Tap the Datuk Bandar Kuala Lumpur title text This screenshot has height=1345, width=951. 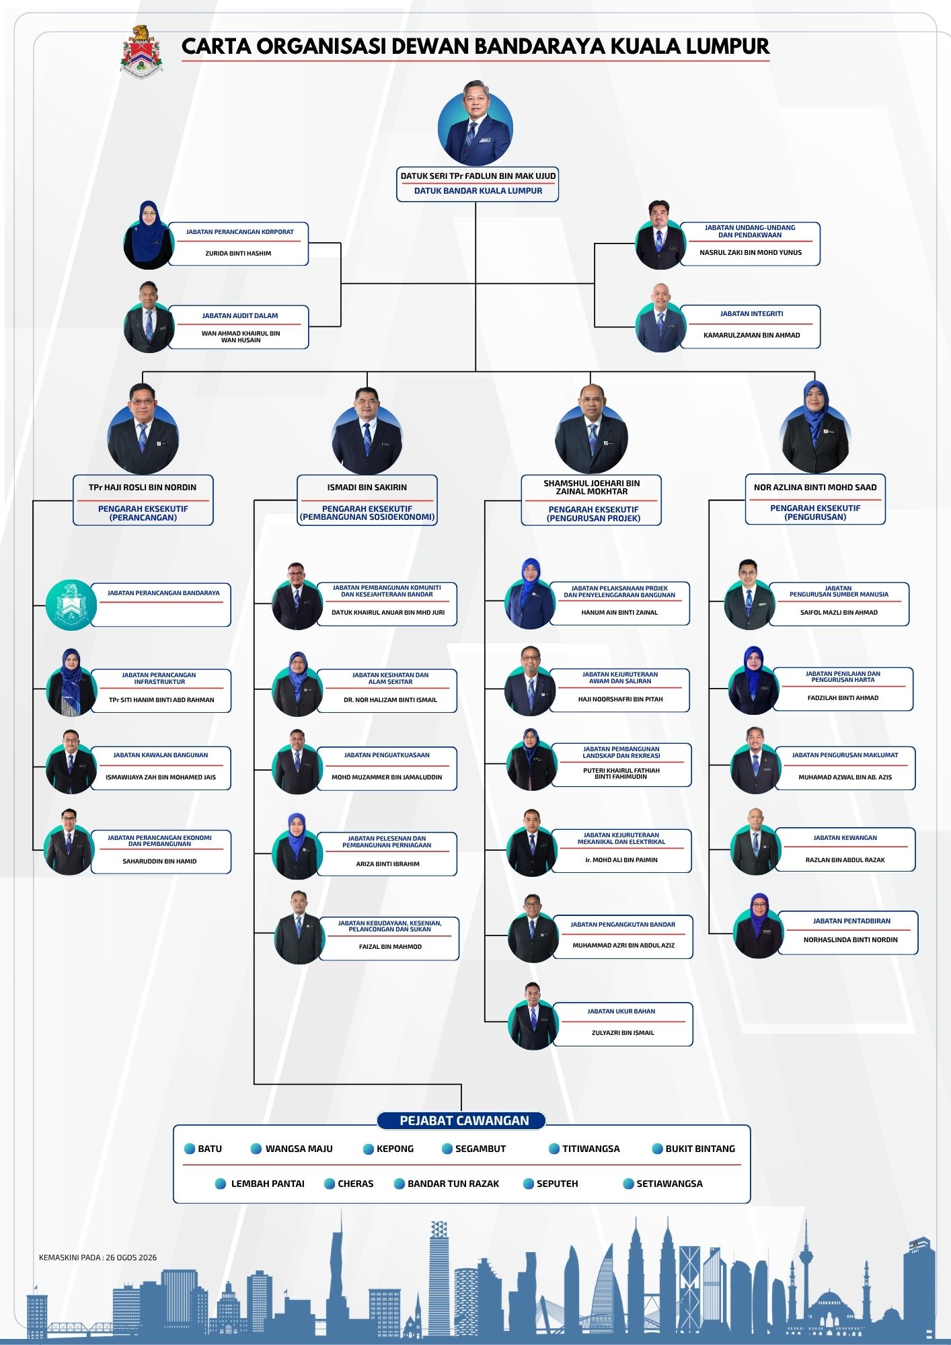click(478, 191)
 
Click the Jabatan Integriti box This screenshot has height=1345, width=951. click(751, 327)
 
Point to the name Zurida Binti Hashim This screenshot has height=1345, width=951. click(238, 254)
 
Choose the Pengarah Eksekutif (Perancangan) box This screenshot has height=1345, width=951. click(143, 500)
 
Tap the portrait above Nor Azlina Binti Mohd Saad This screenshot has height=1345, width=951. click(815, 428)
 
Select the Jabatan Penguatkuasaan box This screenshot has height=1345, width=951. click(387, 767)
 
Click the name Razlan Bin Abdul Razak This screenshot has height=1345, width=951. click(845, 860)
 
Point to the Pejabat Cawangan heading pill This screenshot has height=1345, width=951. click(461, 1120)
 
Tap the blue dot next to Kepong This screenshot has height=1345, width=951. click(368, 1149)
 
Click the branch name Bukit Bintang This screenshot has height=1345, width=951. click(700, 1149)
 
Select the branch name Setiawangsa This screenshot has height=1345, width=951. click(669, 1184)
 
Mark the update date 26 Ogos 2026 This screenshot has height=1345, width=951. click(131, 1258)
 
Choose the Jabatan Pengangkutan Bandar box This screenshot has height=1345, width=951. click(623, 937)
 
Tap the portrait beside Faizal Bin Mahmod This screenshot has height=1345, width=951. click(299, 928)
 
